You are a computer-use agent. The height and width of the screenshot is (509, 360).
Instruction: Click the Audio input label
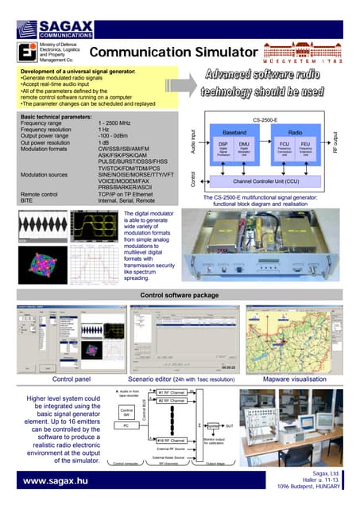pyautogui.click(x=193, y=143)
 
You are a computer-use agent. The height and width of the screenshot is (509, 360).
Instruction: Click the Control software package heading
pyautogui.click(x=179, y=295)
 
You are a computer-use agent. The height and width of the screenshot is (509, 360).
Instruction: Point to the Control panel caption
pyautogui.click(x=71, y=379)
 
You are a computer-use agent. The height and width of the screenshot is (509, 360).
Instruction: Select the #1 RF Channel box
pyautogui.click(x=171, y=393)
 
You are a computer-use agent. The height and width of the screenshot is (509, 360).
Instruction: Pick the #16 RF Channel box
pyautogui.click(x=171, y=440)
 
